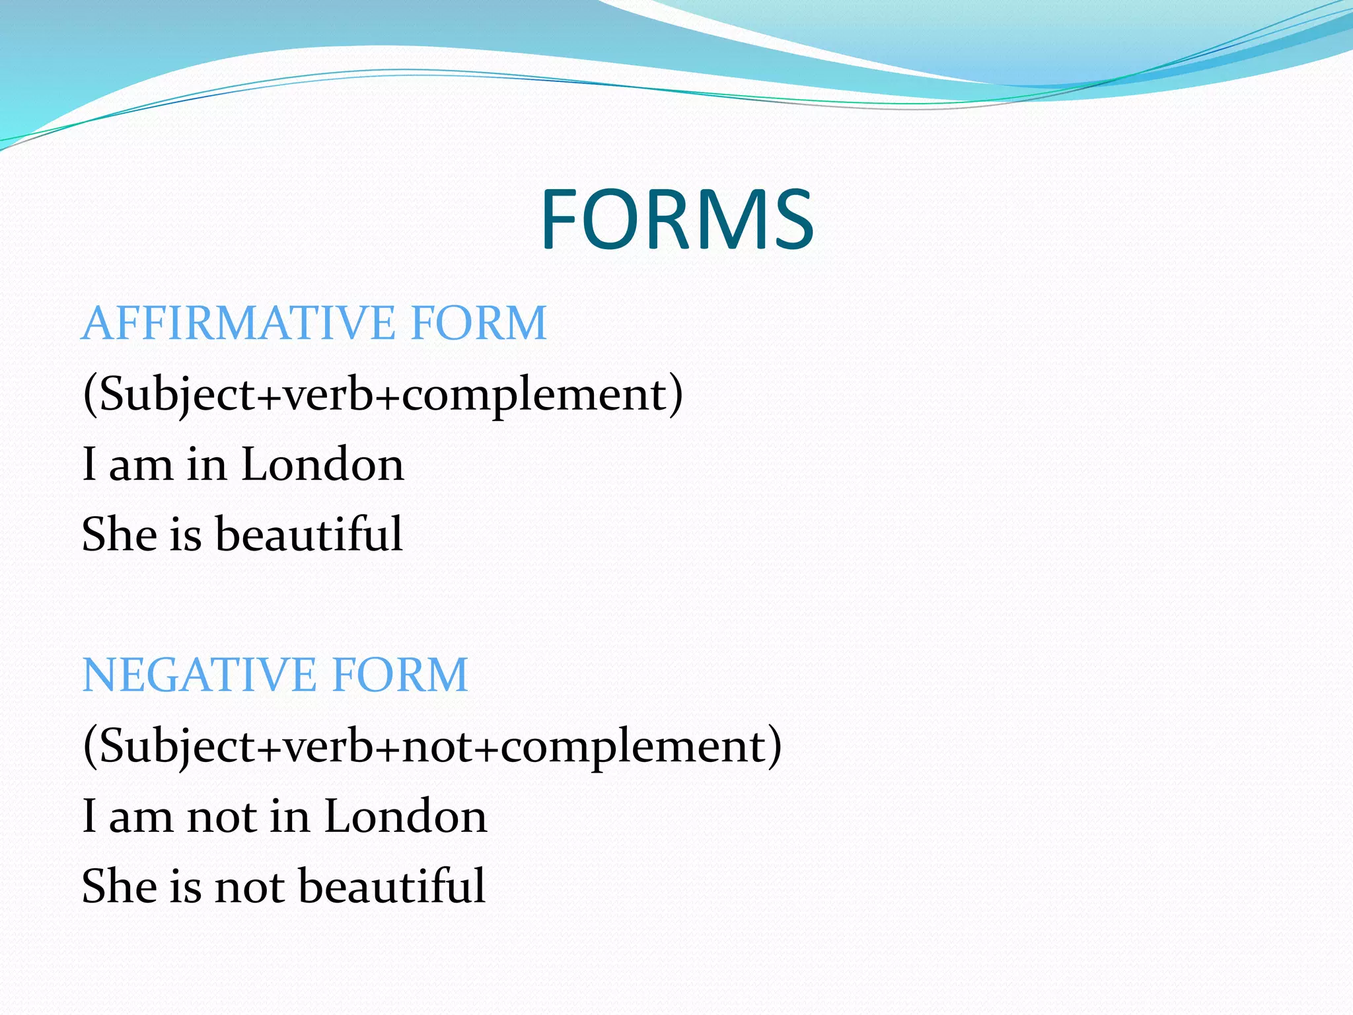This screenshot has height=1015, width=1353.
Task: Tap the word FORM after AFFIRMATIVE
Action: (x=478, y=323)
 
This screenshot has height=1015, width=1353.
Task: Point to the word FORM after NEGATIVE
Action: (x=400, y=675)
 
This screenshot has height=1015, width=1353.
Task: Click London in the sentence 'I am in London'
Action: (x=322, y=464)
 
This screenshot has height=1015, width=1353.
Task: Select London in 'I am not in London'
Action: (x=406, y=815)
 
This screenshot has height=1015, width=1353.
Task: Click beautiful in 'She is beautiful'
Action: (x=309, y=534)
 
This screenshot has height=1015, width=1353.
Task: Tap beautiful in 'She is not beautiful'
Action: (x=392, y=885)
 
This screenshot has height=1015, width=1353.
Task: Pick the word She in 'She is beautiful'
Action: (x=120, y=534)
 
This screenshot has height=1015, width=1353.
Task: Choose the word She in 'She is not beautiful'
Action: (x=120, y=885)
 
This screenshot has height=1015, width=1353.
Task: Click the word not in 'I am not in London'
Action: (x=221, y=815)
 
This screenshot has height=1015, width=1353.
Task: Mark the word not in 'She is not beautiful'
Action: (x=249, y=885)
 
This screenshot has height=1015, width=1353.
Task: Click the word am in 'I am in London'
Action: (x=140, y=464)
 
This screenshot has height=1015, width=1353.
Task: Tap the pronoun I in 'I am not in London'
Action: (x=90, y=815)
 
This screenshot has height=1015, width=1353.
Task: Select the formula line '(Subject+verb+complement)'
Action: (x=383, y=395)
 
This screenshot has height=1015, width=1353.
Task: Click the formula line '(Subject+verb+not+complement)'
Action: (x=432, y=746)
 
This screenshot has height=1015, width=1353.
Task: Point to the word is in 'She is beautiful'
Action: (x=186, y=534)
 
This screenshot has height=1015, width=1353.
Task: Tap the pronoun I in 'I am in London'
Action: (x=90, y=464)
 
